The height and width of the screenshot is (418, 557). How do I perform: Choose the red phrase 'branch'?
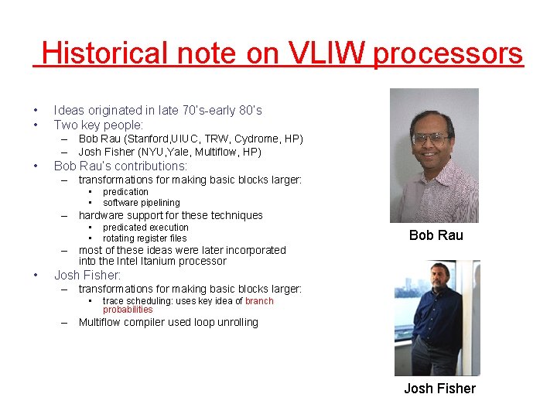coord(259,301)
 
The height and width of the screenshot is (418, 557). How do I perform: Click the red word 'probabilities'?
coord(128,310)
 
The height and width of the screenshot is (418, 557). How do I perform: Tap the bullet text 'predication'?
coord(125,192)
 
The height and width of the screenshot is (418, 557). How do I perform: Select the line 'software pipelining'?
coord(141,203)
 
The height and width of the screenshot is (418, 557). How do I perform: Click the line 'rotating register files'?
coord(145,238)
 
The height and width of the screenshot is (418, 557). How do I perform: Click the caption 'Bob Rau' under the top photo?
coord(436,235)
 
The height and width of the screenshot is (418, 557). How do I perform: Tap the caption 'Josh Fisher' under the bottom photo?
coord(439,389)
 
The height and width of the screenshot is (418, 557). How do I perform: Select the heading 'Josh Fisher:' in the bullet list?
coord(87,275)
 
